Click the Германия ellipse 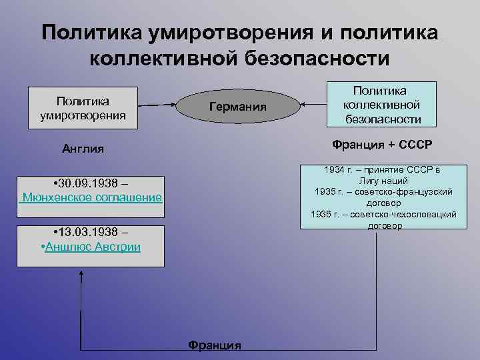(237, 107)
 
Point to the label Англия (83, 149)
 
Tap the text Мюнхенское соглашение (91, 197)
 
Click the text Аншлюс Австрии (93, 247)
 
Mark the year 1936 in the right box (323, 214)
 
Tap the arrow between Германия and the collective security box (312, 104)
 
